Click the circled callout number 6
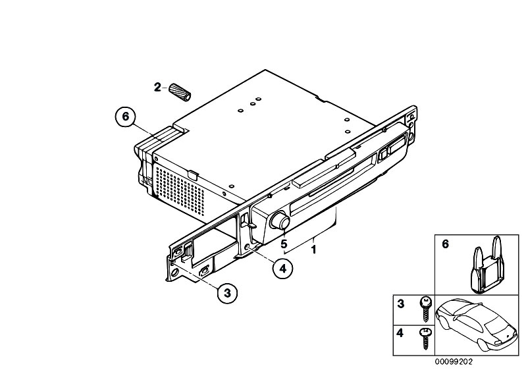(125, 117)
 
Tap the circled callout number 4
(283, 269)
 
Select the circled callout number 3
(227, 293)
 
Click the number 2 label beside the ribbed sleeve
(157, 87)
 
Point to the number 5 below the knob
(284, 243)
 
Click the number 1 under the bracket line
(313, 250)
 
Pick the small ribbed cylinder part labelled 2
(180, 92)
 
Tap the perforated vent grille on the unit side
(180, 192)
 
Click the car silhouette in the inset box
(476, 324)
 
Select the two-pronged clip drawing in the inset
(487, 264)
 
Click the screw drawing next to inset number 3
(426, 309)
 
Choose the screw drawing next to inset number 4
(426, 338)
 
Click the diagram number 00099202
(454, 361)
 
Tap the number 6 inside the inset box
(445, 244)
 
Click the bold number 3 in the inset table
(400, 304)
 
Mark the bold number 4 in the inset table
(400, 333)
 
